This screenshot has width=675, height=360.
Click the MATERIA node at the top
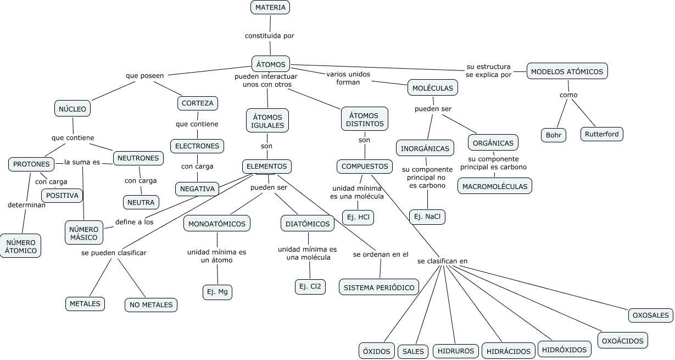(270, 7)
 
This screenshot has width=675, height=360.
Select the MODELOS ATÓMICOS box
(567, 71)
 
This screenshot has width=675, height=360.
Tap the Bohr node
(553, 135)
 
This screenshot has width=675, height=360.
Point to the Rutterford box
(601, 134)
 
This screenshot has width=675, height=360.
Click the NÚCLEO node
(72, 108)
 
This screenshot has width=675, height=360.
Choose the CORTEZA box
(197, 103)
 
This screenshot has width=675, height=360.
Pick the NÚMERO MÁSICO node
(84, 233)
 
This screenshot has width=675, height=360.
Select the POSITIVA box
(62, 196)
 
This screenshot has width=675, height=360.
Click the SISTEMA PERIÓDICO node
(379, 287)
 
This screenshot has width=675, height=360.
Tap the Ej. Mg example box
(217, 292)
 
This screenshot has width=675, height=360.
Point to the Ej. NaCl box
(427, 217)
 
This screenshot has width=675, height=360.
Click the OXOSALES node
(650, 315)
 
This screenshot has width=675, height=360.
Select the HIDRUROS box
(456, 351)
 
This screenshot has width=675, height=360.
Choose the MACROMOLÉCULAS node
(494, 186)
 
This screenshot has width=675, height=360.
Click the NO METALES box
(151, 305)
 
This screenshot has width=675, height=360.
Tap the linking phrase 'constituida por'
(270, 36)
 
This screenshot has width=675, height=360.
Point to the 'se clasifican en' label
(442, 261)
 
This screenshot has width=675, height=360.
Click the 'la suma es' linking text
(82, 162)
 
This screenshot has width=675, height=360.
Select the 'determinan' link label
(26, 205)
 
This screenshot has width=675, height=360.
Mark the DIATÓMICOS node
(308, 223)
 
